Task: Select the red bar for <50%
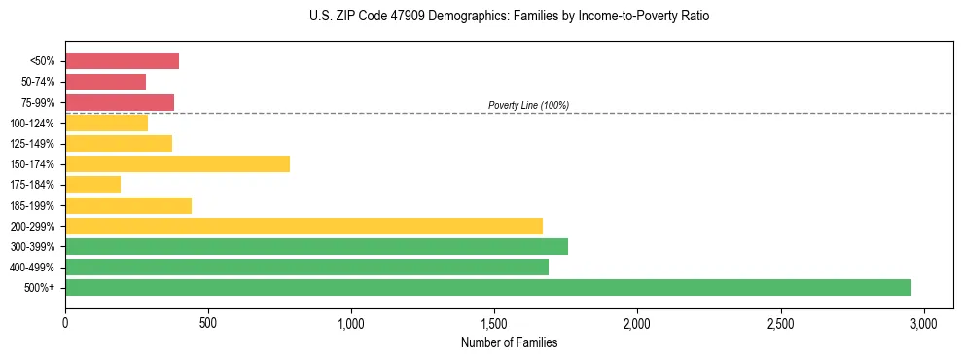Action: click(x=122, y=61)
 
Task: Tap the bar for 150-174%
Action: click(x=177, y=163)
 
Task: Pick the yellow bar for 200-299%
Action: click(x=303, y=226)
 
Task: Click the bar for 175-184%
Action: click(x=92, y=184)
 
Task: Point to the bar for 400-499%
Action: click(x=306, y=267)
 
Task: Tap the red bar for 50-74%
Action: click(x=105, y=82)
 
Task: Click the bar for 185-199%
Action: click(x=128, y=205)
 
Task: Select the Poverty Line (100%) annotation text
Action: click(x=528, y=105)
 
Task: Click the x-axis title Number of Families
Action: click(x=509, y=342)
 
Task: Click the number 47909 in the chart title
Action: click(x=384, y=17)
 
